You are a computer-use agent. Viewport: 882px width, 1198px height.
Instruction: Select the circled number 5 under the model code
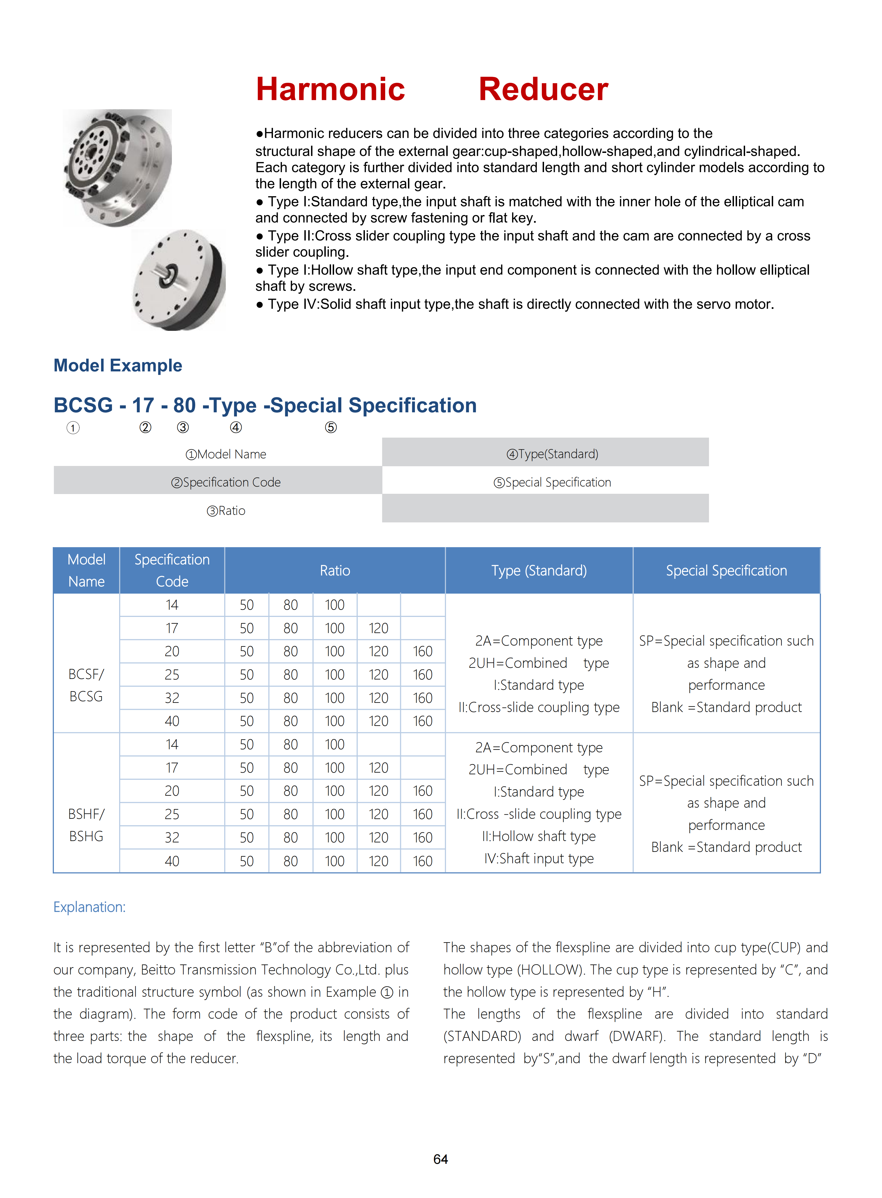tap(331, 428)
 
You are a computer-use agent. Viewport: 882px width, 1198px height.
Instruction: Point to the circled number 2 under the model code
tap(145, 428)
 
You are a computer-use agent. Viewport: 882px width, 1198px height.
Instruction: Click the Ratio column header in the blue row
tap(335, 571)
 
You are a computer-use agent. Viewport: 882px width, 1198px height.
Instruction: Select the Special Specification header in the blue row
tap(726, 571)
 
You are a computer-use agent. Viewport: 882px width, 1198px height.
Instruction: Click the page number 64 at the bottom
tap(440, 1159)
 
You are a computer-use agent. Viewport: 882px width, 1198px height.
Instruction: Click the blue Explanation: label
tap(89, 907)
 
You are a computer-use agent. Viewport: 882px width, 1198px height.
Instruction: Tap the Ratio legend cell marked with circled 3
tap(226, 511)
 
